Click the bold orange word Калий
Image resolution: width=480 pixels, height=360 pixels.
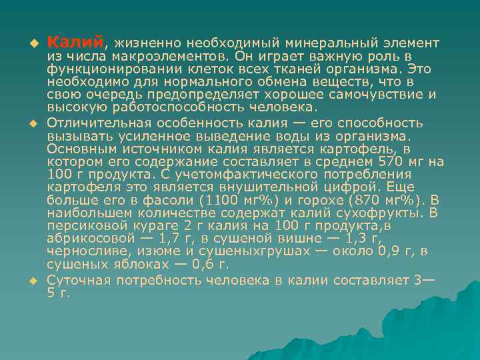75,43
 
